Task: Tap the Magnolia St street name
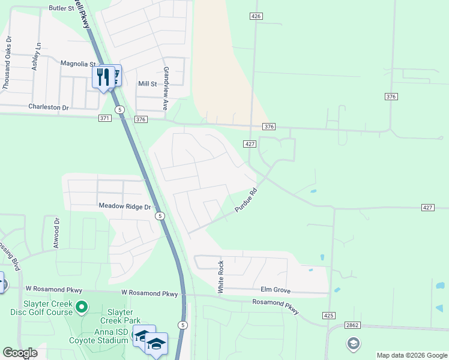[x=78, y=64]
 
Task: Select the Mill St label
[x=147, y=85]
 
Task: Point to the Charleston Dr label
[x=49, y=107]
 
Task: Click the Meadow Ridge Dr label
[x=124, y=206]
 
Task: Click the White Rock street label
[x=221, y=277]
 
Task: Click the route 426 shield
[x=256, y=17]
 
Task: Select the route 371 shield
[x=105, y=119]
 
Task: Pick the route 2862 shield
[x=352, y=325]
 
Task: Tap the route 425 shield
[x=328, y=315]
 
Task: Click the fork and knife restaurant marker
[x=103, y=77]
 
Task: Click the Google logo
[x=20, y=353]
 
